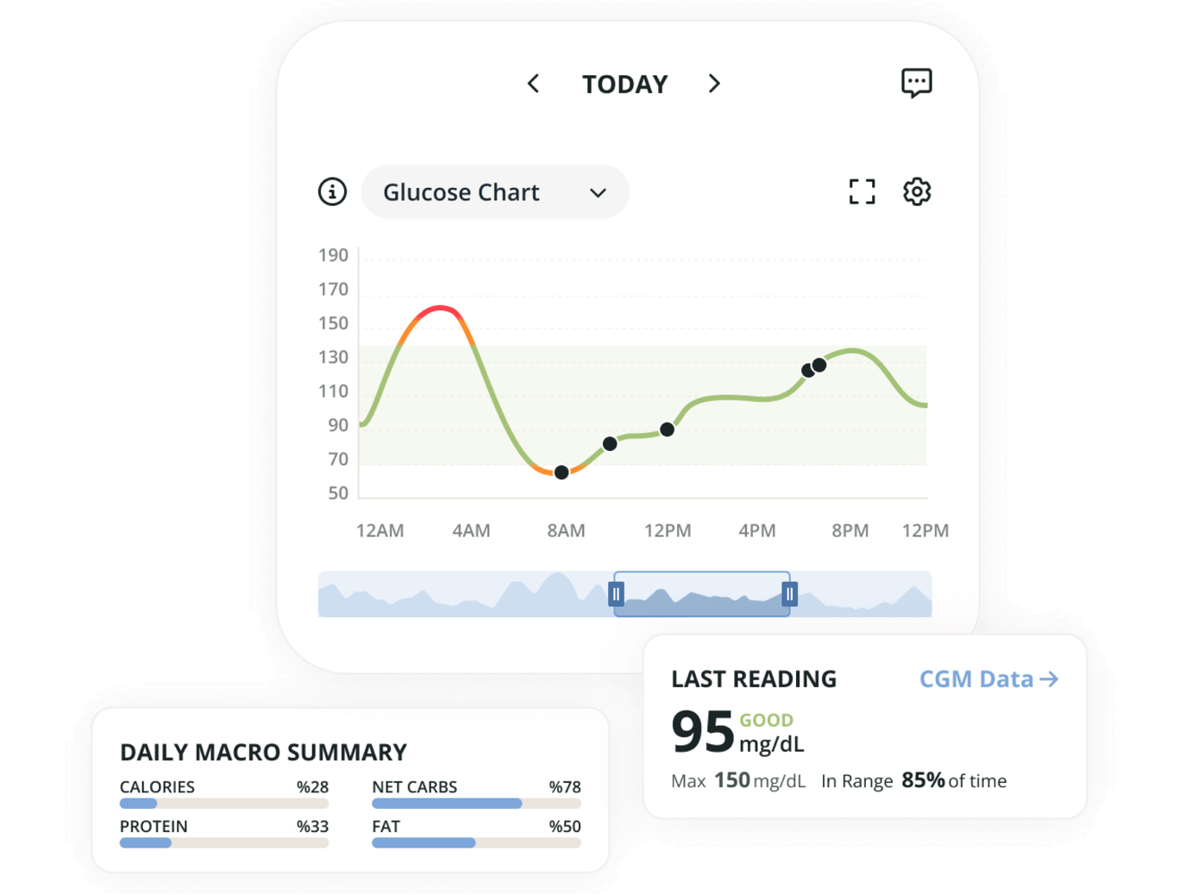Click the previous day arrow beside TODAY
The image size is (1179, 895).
(x=533, y=84)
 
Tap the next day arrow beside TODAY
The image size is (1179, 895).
(x=714, y=84)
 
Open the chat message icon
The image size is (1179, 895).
(x=916, y=83)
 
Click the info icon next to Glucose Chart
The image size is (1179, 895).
(x=332, y=191)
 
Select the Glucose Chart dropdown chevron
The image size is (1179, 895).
(x=598, y=192)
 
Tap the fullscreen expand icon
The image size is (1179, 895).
(x=862, y=191)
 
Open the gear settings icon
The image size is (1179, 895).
(x=917, y=191)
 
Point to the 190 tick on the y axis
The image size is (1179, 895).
(x=333, y=255)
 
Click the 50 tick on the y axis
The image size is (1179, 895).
(x=338, y=493)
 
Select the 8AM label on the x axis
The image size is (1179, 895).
(x=566, y=530)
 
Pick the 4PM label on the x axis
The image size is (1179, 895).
(x=756, y=530)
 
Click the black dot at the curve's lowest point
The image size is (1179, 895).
(x=561, y=473)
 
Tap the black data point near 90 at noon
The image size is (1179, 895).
(x=667, y=429)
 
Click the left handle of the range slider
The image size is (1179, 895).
(x=616, y=594)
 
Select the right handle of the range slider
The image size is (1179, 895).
(x=789, y=594)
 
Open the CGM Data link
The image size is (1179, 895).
(x=988, y=679)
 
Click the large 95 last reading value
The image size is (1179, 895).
(x=702, y=732)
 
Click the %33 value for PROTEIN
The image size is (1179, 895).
(x=312, y=826)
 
